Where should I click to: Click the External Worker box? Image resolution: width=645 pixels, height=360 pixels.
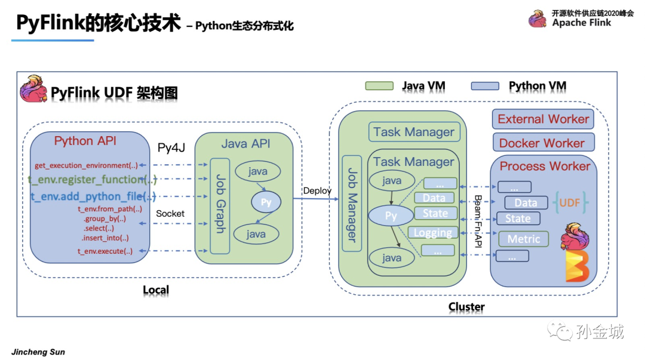[543, 119]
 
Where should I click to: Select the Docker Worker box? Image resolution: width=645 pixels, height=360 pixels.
[543, 143]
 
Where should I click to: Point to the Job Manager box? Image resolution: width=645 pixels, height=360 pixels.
[352, 204]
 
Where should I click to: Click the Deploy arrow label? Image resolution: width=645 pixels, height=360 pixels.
[317, 190]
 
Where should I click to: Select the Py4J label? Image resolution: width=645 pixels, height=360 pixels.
[171, 147]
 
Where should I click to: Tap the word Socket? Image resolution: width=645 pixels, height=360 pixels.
[170, 213]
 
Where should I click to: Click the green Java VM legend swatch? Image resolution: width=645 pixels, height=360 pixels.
[379, 86]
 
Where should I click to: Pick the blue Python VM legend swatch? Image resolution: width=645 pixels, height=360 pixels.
[485, 86]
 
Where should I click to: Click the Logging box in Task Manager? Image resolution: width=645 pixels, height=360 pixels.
[433, 233]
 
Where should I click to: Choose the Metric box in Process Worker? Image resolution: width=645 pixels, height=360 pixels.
[523, 239]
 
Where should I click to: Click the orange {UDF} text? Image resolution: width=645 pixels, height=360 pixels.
[570, 203]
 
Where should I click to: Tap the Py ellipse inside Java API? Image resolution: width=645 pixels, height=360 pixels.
[266, 202]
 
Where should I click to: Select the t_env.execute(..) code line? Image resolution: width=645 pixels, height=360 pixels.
[105, 251]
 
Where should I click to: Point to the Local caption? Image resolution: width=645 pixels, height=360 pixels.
[156, 290]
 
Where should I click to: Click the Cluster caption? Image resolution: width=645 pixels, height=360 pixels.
[466, 307]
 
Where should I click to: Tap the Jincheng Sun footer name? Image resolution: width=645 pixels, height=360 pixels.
[38, 352]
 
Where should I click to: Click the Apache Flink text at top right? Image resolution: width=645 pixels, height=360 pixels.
[581, 23]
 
